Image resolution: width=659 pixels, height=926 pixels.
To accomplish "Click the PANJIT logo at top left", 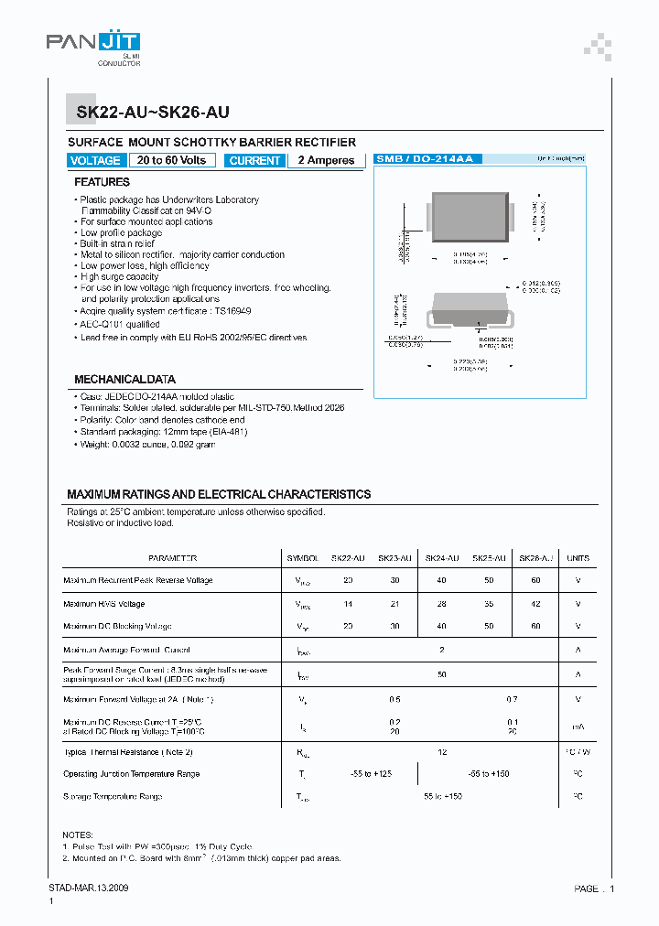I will (93, 42).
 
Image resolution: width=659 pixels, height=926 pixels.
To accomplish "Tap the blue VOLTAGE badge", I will (95, 160).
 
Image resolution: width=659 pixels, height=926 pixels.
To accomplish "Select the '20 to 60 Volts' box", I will (172, 160).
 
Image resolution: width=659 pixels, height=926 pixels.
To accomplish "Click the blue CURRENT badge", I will (254, 160).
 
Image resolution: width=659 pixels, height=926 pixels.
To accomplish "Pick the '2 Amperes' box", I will (326, 160).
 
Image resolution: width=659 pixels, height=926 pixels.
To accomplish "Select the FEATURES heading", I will (102, 182).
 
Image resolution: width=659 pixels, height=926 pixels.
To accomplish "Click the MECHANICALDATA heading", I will (124, 379).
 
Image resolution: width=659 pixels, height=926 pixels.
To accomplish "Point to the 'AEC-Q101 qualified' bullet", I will (119, 324).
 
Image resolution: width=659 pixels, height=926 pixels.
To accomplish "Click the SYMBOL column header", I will (303, 558).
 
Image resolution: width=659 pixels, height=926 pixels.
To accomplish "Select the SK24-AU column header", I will (441, 558).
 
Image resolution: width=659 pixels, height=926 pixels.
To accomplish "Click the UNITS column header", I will (578, 558).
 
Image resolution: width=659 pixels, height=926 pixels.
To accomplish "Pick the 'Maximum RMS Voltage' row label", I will (103, 604).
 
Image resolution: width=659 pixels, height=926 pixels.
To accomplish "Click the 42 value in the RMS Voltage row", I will (535, 604).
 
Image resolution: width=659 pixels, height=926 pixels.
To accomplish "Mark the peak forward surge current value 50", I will (441, 673).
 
